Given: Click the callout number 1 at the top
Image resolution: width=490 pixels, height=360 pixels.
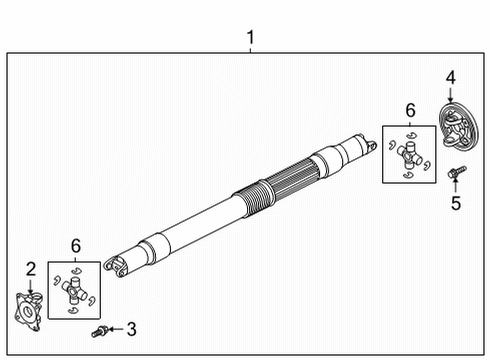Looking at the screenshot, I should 250,39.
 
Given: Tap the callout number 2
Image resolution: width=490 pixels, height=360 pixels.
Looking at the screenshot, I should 31,268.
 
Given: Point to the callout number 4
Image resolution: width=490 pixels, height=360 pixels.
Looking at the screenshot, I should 451,76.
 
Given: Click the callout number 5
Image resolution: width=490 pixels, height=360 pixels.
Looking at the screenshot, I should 457,206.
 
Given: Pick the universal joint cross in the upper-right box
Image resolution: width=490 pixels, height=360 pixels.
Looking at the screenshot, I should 408,154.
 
